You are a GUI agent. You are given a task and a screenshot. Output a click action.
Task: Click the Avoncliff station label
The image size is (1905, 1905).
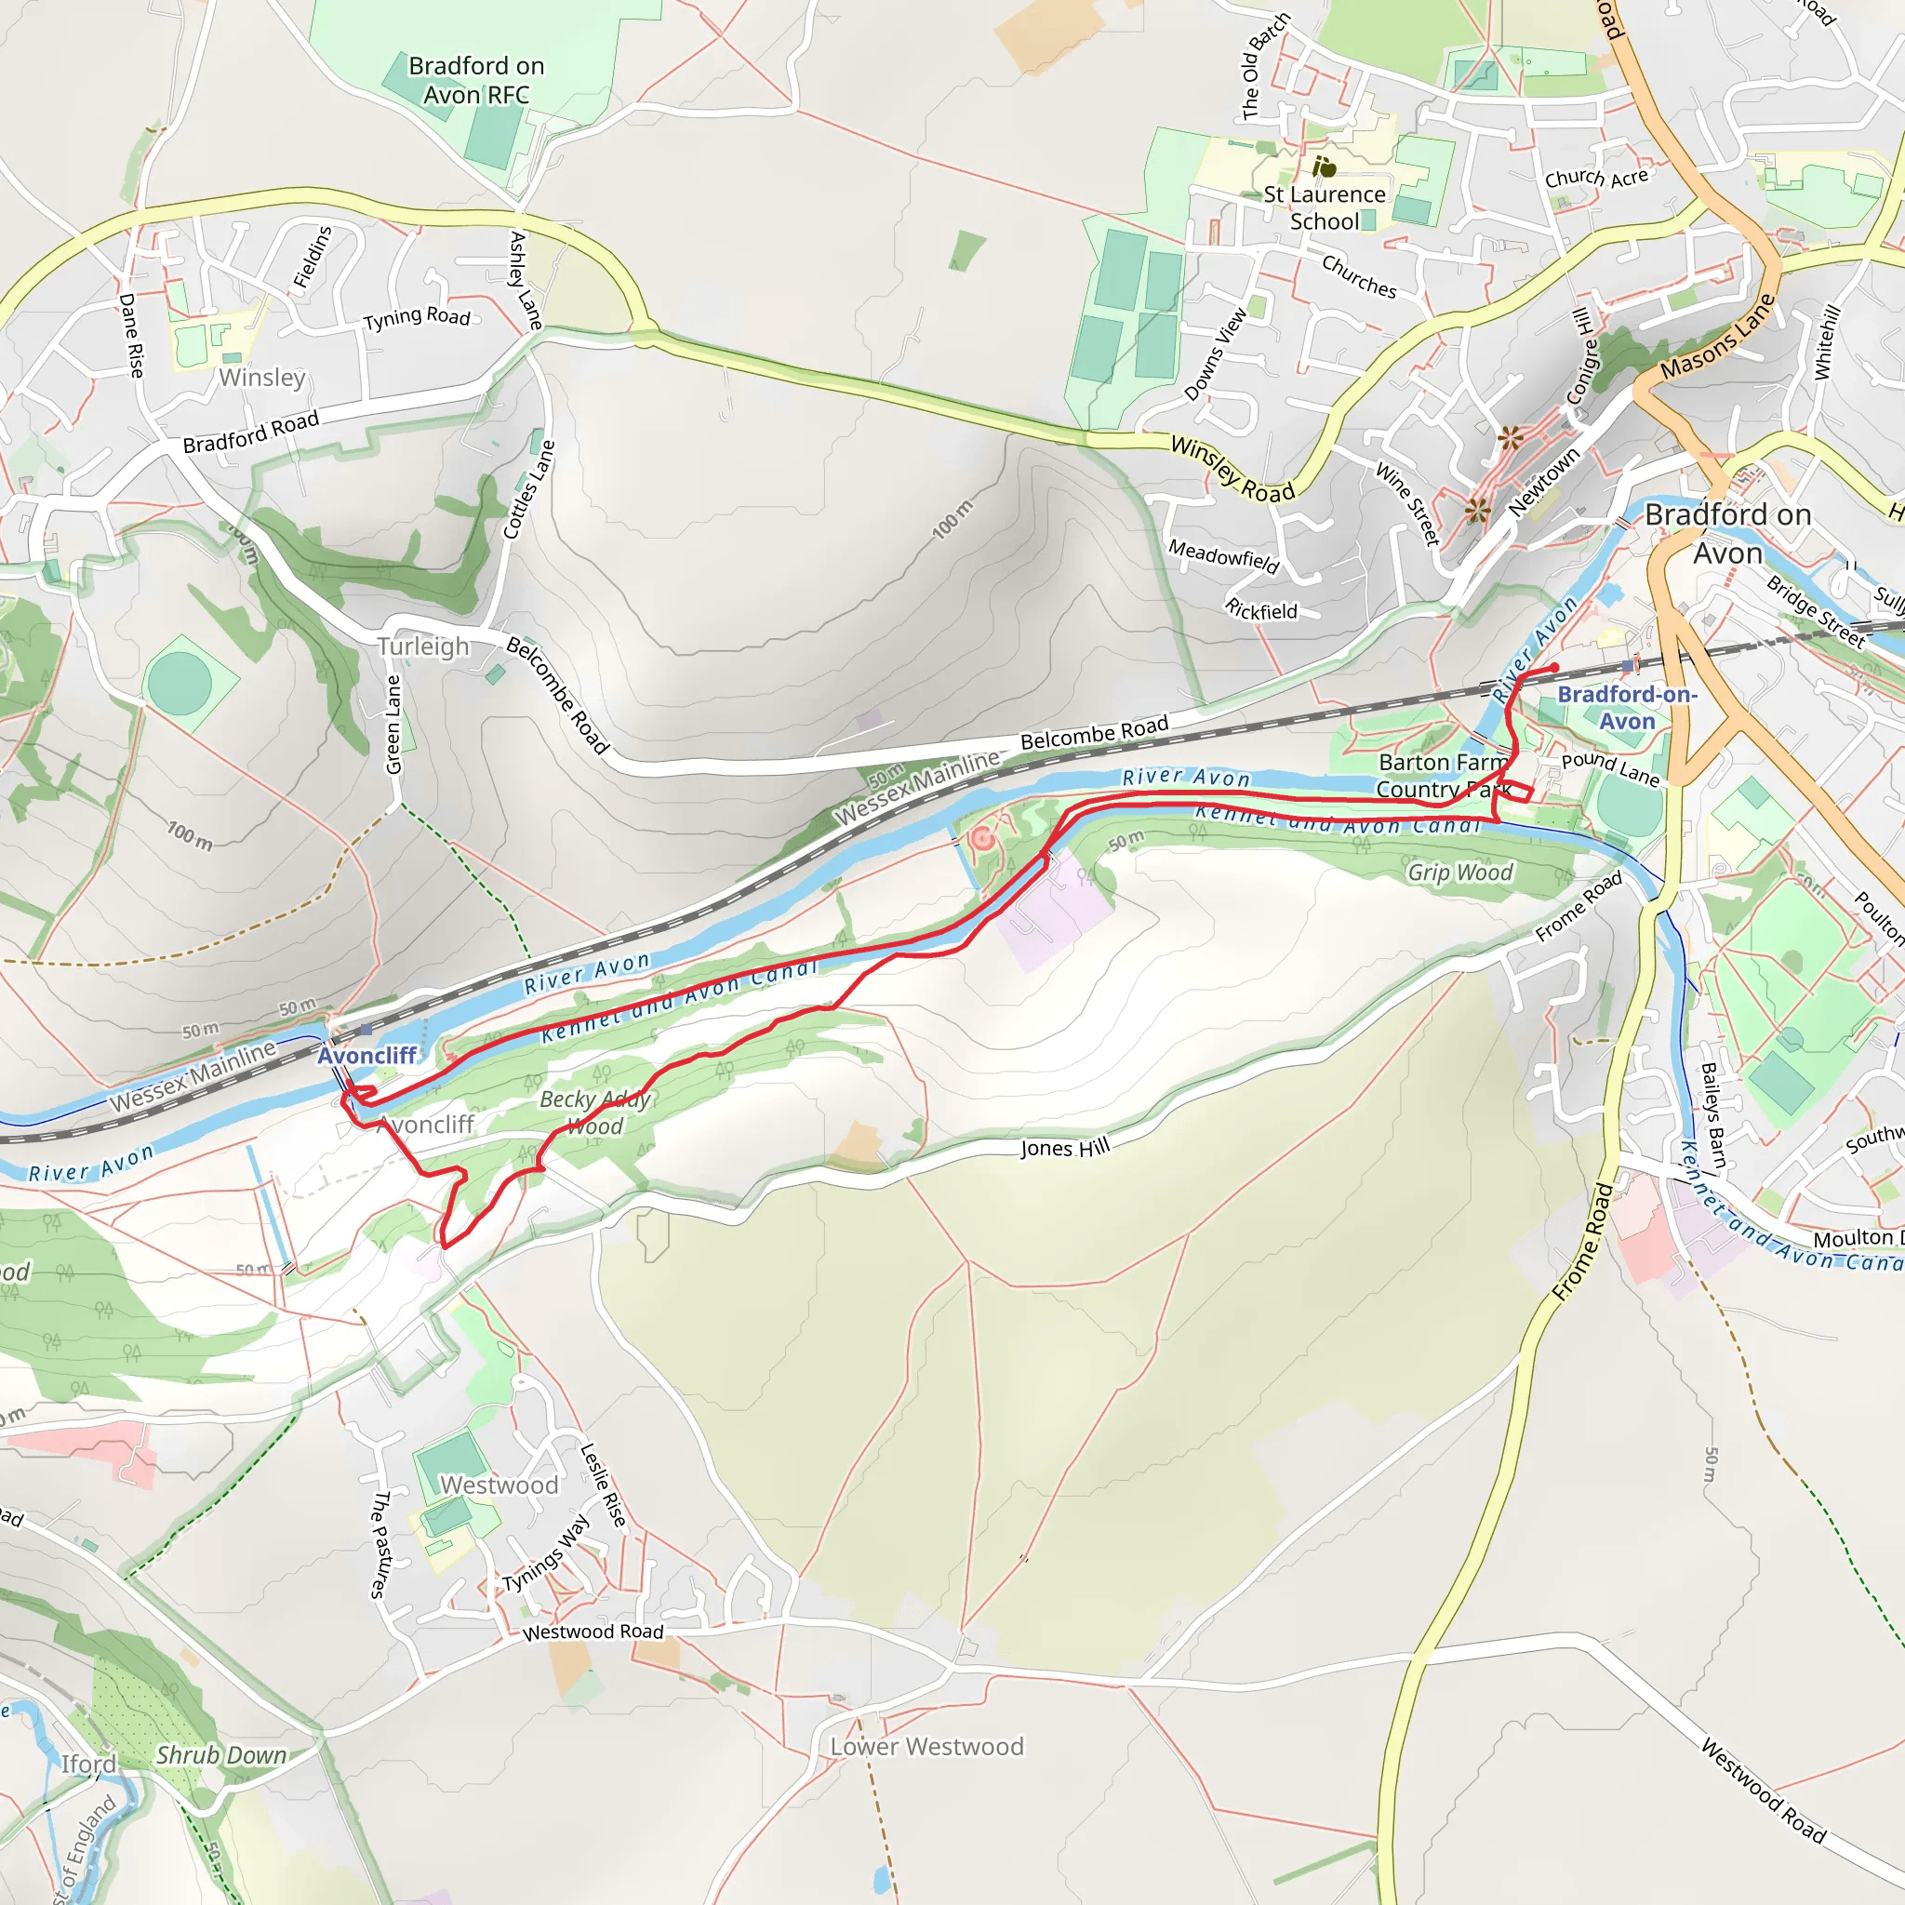click(366, 1055)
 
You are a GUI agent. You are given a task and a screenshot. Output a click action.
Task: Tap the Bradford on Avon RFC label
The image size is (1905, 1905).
click(476, 80)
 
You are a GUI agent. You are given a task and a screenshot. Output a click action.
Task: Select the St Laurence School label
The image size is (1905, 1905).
click(1325, 208)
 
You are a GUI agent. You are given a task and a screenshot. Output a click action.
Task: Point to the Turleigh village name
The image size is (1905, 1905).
click(423, 646)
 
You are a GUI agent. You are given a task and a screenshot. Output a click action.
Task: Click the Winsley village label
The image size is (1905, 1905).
click(262, 378)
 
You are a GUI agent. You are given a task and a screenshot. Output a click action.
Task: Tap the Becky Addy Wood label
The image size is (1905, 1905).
click(594, 1112)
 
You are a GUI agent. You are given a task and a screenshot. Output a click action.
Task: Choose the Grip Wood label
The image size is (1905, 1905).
click(1459, 873)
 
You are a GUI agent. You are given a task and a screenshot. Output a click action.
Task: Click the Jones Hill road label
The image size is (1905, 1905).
click(1065, 1148)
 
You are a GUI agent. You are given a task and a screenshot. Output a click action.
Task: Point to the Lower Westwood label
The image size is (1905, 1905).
click(926, 1746)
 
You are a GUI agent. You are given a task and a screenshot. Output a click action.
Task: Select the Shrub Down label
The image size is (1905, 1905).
click(222, 1755)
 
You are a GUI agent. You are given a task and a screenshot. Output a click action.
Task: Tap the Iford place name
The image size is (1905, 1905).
click(88, 1764)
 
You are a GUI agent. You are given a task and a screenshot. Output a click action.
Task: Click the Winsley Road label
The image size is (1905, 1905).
click(1232, 471)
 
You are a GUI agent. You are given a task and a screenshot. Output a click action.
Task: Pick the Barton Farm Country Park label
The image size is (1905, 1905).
click(1443, 775)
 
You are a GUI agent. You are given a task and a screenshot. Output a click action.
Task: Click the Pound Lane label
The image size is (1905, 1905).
click(1610, 768)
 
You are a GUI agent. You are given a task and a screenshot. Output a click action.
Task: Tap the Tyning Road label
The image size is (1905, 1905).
click(416, 317)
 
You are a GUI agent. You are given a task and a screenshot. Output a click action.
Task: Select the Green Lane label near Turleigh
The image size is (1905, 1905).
click(393, 725)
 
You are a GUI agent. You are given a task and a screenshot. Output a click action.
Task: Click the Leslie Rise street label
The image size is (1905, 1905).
click(603, 1485)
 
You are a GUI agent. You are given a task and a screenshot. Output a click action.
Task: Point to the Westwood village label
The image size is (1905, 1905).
click(499, 1485)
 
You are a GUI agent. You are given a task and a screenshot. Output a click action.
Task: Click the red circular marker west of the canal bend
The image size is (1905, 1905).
click(981, 839)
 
